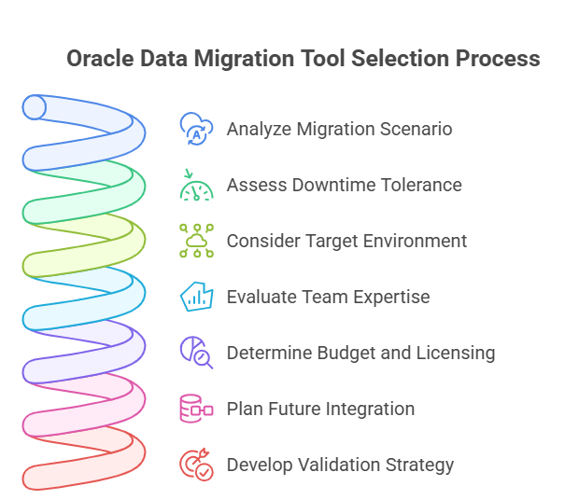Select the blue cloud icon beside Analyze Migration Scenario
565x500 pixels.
click(196, 129)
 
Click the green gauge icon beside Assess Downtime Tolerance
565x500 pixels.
click(196, 185)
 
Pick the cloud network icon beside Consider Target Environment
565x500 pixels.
click(196, 241)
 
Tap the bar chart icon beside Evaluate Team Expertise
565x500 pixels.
click(196, 297)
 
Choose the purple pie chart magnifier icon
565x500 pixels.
click(196, 353)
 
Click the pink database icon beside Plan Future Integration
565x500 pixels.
click(196, 409)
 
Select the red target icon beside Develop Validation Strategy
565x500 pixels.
click(196, 465)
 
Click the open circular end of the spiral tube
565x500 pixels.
click(35, 108)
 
